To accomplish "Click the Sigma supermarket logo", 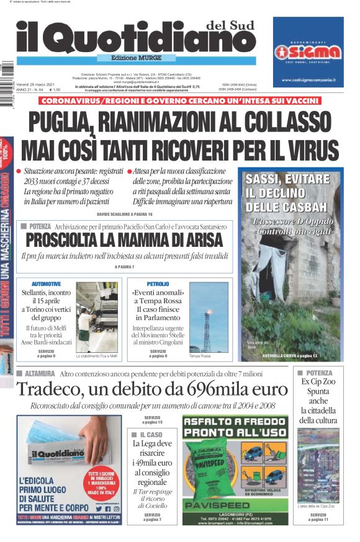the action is [308, 51].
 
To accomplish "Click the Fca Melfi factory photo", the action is [96, 317].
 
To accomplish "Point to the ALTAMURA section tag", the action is [37, 373].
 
